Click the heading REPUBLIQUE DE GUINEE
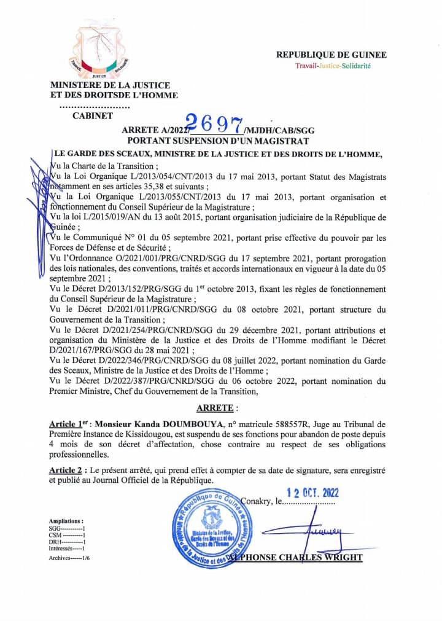tap(331, 55)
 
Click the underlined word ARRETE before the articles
tap(214, 407)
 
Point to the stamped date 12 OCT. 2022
tap(313, 493)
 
